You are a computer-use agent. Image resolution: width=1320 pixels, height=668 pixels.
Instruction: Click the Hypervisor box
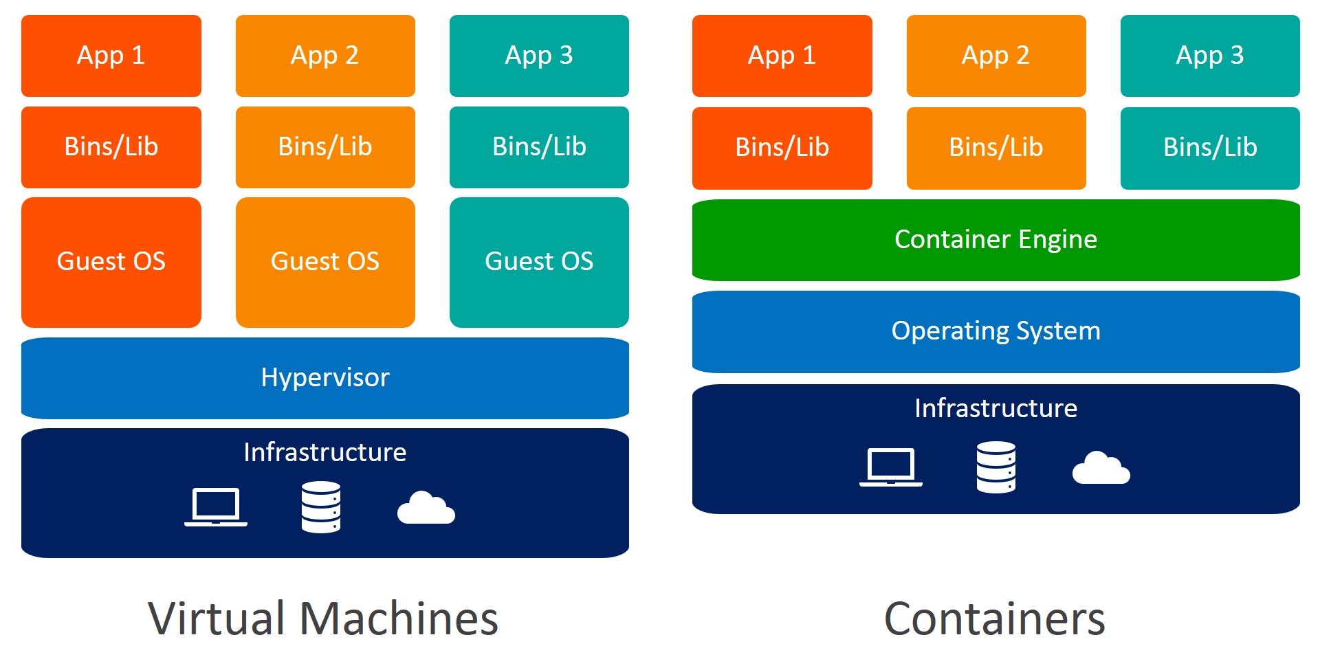pyautogui.click(x=324, y=378)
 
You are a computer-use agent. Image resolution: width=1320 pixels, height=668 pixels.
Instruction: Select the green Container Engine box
pyautogui.click(x=995, y=240)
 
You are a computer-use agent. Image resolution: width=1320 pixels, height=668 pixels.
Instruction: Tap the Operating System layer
pyautogui.click(x=995, y=331)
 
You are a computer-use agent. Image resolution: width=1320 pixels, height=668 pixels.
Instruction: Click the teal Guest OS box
pyautogui.click(x=539, y=262)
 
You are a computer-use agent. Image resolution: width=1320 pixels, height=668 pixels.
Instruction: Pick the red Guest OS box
pyautogui.click(x=111, y=262)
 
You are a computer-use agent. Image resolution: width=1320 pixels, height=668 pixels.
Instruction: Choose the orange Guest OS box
pyautogui.click(x=324, y=262)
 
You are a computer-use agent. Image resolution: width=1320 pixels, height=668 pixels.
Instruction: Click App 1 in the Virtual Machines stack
pyautogui.click(x=111, y=56)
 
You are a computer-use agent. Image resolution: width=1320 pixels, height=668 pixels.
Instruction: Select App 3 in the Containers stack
pyautogui.click(x=1209, y=56)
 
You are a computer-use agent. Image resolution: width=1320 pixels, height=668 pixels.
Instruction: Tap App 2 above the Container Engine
pyautogui.click(x=995, y=56)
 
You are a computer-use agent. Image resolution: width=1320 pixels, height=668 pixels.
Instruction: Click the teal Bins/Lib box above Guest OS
pyautogui.click(x=539, y=147)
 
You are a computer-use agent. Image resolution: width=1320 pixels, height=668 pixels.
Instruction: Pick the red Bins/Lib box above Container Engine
pyautogui.click(x=782, y=148)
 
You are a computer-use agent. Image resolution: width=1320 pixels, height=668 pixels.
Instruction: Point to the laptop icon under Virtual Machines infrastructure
pyautogui.click(x=216, y=507)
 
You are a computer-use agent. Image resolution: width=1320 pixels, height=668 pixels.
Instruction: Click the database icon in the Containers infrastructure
pyautogui.click(x=995, y=467)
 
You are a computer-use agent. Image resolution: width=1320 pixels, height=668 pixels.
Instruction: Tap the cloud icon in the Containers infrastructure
pyautogui.click(x=1101, y=469)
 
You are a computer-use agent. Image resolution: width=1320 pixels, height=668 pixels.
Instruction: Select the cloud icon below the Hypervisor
pyautogui.click(x=426, y=509)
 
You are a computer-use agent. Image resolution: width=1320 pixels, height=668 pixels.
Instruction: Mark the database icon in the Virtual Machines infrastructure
pyautogui.click(x=320, y=507)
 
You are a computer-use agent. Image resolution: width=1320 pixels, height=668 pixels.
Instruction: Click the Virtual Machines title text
pyautogui.click(x=323, y=619)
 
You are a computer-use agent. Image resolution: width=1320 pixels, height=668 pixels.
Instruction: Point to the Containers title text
pyautogui.click(x=994, y=619)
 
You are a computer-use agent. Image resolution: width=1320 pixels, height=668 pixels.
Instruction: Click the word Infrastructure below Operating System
pyautogui.click(x=995, y=408)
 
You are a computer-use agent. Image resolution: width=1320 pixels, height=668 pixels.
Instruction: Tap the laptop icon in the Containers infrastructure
pyautogui.click(x=890, y=467)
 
